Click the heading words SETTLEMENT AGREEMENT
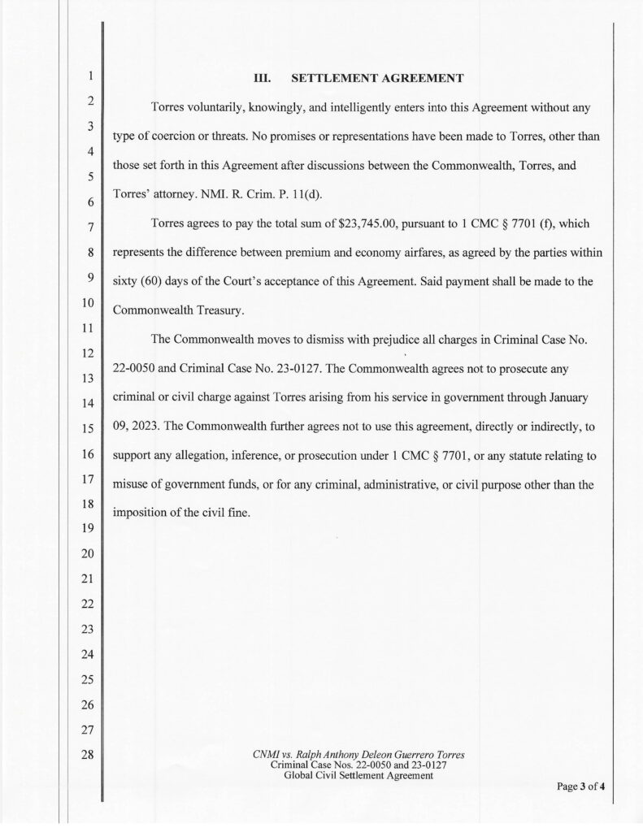pyautogui.click(x=377, y=78)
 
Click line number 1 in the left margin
pyautogui.click(x=91, y=78)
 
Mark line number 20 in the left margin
pyautogui.click(x=91, y=554)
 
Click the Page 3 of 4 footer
pyautogui.click(x=581, y=786)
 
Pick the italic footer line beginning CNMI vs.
pyautogui.click(x=358, y=755)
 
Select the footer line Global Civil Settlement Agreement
pyautogui.click(x=358, y=776)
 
